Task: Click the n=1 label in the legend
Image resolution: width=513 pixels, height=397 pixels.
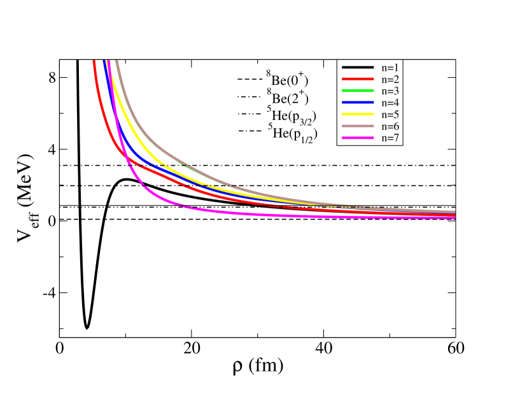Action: point(390,67)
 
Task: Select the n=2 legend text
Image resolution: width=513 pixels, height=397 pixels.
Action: point(390,79)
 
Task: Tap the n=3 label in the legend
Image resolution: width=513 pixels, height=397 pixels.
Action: point(390,90)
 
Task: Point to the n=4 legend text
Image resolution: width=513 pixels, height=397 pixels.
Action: point(390,102)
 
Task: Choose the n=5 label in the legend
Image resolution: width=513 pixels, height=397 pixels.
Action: point(390,114)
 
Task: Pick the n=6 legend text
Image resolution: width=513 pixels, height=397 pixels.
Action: point(390,126)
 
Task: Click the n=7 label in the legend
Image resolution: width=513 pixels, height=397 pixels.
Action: point(390,138)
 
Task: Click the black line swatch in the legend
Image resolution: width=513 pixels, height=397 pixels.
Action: point(357,67)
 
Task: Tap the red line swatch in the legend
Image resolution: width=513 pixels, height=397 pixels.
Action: point(357,79)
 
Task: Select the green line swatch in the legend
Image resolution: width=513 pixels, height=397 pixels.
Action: point(357,90)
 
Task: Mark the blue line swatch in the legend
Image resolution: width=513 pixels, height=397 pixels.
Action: point(357,102)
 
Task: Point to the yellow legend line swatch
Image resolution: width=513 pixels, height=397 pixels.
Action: point(357,114)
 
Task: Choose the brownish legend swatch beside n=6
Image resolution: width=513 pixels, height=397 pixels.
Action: point(357,126)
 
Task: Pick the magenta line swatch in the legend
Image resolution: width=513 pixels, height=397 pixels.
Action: point(357,138)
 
